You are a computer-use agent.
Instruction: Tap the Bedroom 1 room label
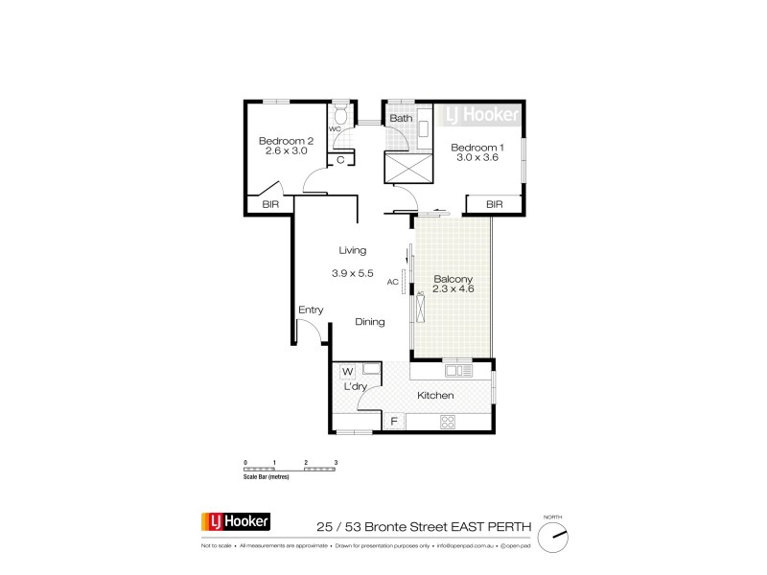476,147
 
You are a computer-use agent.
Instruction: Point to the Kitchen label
434,395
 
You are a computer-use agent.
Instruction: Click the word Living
351,251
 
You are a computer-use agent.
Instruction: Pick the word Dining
370,322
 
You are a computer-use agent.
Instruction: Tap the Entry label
311,310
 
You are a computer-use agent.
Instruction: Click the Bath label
401,119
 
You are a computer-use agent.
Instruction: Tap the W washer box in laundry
347,371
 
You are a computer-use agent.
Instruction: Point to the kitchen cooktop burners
447,422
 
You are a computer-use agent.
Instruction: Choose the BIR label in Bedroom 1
495,204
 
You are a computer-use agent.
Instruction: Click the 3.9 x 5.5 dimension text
351,273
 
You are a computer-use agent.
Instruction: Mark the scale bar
291,469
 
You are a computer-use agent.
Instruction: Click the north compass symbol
554,537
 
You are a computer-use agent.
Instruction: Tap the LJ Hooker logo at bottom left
236,522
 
